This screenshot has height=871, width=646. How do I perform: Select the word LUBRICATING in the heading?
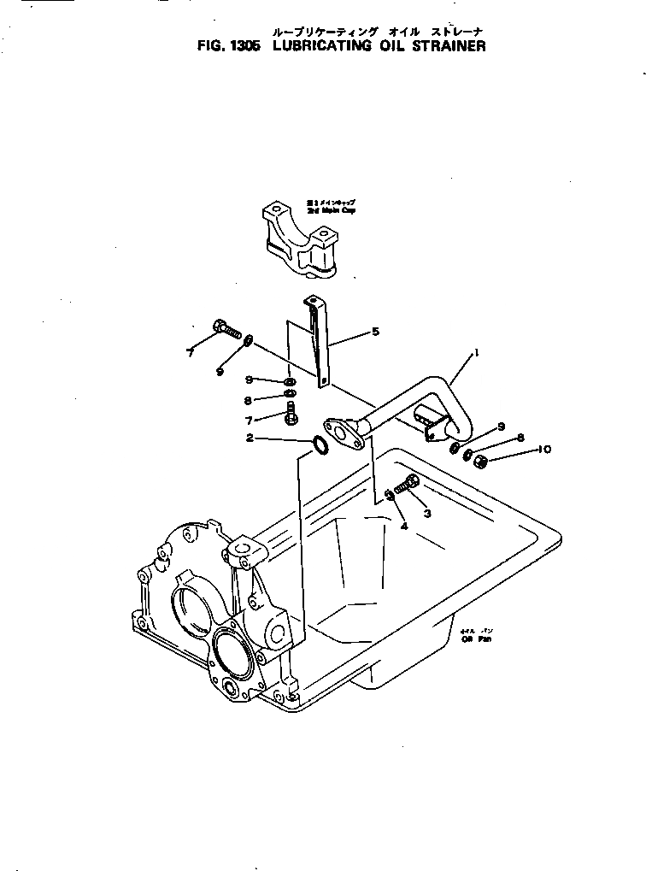[322, 47]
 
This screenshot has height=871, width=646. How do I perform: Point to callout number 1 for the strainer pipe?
[476, 351]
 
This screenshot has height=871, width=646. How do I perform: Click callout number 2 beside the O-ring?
[250, 438]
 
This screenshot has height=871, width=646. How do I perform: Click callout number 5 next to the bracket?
[374, 331]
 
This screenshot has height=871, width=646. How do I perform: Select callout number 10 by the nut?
[544, 449]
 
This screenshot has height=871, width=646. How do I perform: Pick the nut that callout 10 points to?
[480, 462]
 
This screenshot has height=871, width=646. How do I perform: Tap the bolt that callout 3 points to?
[407, 485]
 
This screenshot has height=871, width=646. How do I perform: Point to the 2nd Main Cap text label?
[331, 206]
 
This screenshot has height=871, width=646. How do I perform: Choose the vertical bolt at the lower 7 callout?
[291, 414]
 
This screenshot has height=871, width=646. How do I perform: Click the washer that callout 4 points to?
[388, 495]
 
